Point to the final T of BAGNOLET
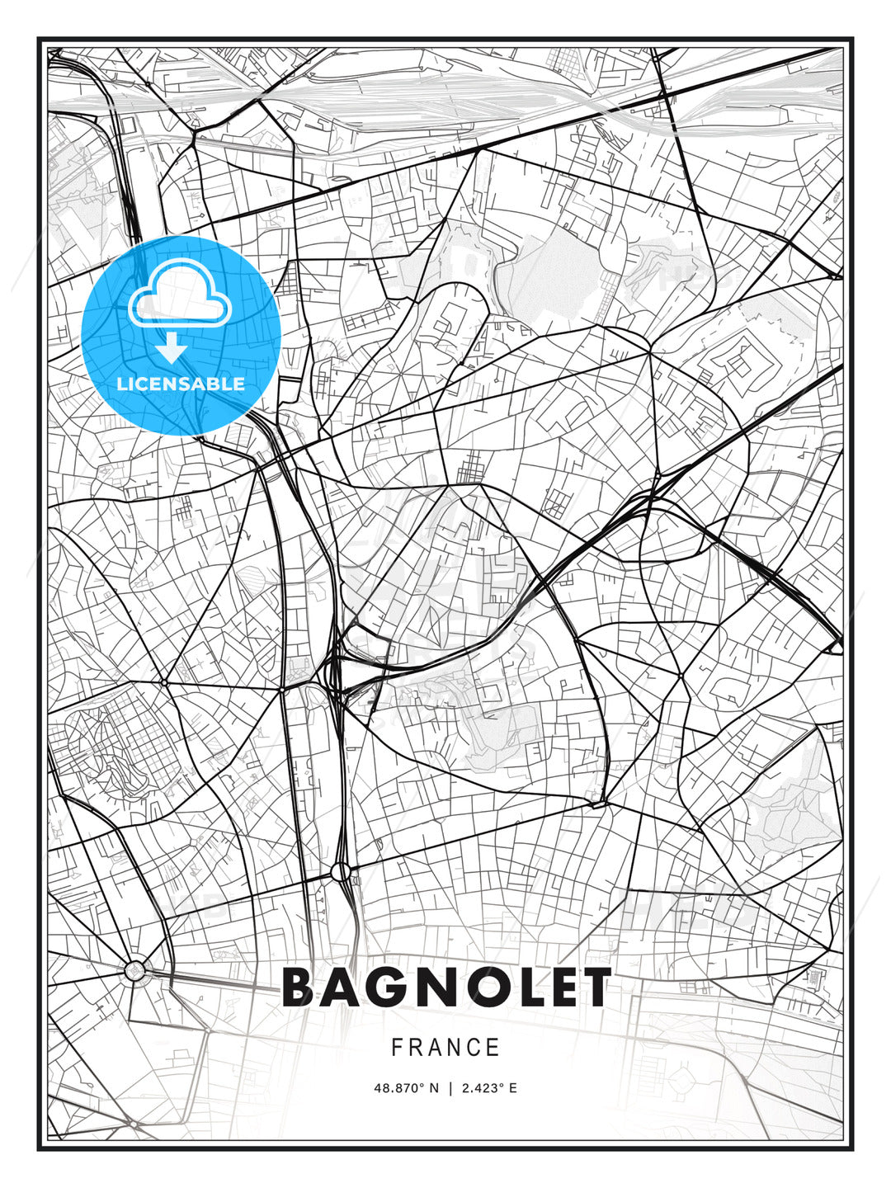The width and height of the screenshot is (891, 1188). (595, 988)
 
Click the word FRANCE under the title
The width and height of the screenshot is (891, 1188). (445, 1047)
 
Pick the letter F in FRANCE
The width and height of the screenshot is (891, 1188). (397, 1047)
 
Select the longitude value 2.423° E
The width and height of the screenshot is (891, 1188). (489, 1088)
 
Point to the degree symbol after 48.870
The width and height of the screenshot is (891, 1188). (423, 1085)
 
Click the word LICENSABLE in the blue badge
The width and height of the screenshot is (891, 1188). (181, 384)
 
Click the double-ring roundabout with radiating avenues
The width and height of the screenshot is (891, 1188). (134, 971)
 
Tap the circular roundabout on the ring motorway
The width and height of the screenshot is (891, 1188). (341, 871)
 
